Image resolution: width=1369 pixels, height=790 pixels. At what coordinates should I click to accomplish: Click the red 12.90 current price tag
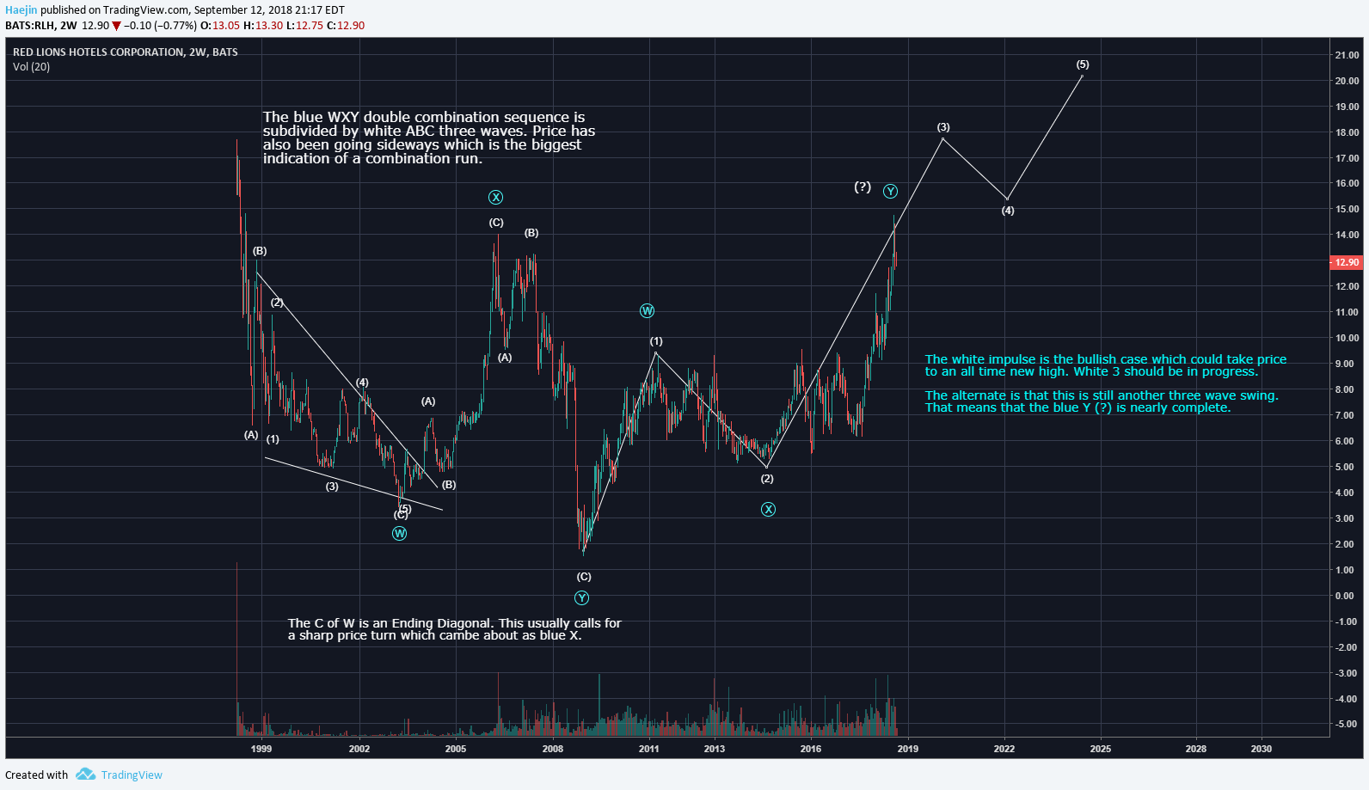1347,262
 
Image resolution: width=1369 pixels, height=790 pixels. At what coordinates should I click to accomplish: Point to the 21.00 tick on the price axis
1347,55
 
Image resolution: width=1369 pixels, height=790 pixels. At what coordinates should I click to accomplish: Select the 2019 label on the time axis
907,749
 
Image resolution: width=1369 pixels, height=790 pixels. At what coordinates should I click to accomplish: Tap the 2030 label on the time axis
1261,749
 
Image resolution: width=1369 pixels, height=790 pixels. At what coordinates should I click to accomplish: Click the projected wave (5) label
1083,64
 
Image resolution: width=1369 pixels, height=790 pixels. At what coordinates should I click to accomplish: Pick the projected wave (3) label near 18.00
943,127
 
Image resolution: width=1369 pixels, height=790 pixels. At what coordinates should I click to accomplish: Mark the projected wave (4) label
1008,211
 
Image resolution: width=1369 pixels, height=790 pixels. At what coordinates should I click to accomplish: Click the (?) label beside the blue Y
863,187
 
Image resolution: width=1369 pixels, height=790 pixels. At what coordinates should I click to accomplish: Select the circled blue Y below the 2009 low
582,598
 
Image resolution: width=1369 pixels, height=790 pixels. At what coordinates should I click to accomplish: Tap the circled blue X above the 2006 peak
496,198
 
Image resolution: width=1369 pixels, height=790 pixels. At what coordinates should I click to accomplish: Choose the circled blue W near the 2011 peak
648,311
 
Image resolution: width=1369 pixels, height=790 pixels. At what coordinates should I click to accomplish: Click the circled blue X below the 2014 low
768,510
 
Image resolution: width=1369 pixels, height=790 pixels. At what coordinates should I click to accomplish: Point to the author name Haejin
21,10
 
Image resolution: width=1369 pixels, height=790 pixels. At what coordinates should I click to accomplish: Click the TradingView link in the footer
131,775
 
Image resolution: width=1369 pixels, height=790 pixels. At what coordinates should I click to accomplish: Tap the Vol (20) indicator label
32,67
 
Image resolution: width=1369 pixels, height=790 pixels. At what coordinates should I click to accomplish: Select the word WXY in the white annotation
343,117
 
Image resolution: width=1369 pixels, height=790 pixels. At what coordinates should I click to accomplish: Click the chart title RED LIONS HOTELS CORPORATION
98,52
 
